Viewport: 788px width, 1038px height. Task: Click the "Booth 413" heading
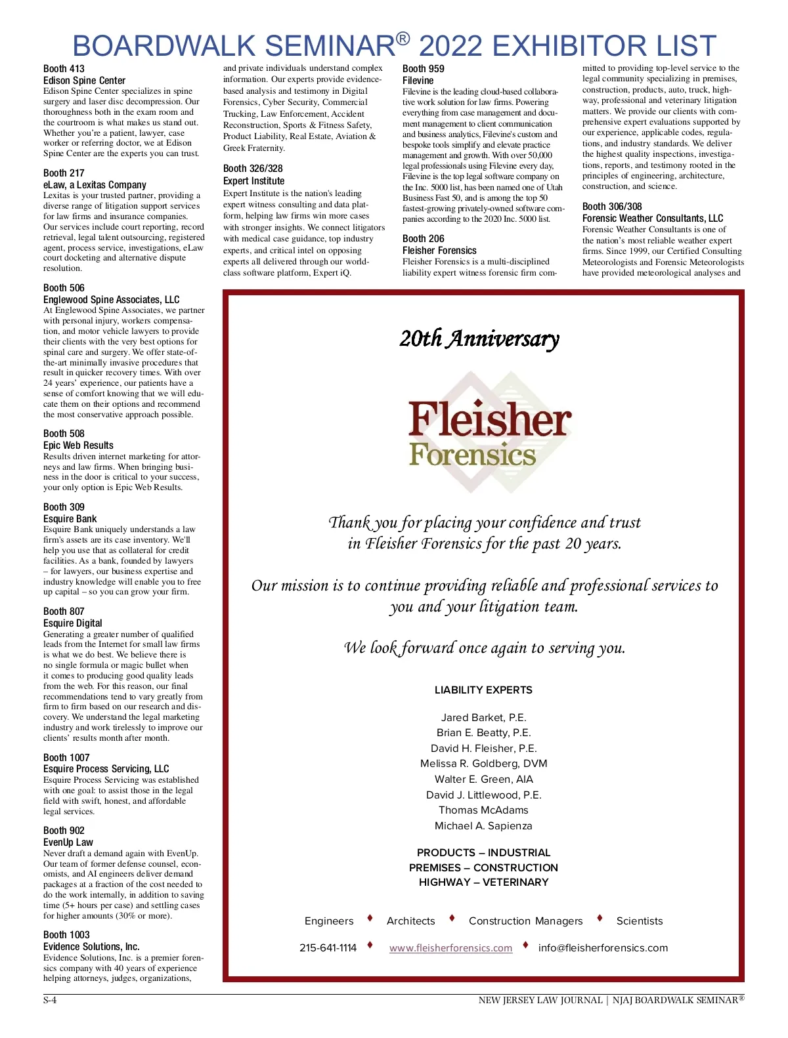click(64, 69)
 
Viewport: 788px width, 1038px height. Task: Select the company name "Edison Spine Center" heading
click(84, 81)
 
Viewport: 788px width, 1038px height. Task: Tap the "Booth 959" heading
click(423, 69)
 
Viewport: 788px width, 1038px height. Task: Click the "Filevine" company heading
click(418, 81)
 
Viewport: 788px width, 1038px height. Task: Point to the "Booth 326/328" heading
click(253, 169)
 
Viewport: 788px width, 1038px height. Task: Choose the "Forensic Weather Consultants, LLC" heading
click(652, 218)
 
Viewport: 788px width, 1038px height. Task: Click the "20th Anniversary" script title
click(479, 339)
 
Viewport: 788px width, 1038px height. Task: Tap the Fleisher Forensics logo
click(489, 433)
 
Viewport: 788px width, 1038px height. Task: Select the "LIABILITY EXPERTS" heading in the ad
click(483, 690)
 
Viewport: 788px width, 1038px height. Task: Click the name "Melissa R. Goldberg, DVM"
click(483, 764)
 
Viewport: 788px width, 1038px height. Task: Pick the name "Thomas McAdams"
click(483, 810)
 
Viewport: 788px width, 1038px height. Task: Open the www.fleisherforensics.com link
click(450, 948)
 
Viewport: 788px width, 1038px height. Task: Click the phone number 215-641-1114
click(328, 948)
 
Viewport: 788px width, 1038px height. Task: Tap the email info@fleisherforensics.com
click(603, 948)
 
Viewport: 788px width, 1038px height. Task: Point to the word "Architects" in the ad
click(410, 921)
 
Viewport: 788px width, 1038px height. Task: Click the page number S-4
click(50, 1001)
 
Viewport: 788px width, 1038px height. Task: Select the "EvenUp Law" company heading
click(68, 842)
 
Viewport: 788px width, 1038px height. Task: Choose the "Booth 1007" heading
click(66, 758)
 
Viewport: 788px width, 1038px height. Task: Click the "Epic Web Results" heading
click(78, 446)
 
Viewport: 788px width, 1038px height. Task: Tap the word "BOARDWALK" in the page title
click(164, 46)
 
